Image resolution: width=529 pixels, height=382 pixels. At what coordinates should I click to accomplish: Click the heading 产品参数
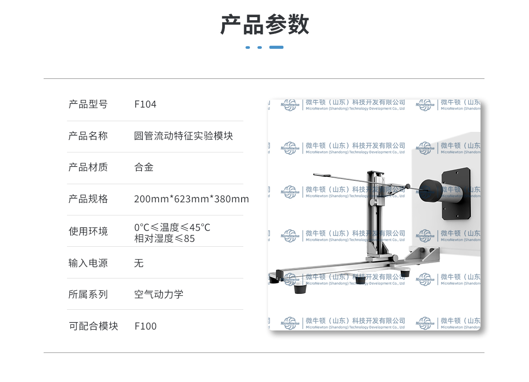click(x=264, y=25)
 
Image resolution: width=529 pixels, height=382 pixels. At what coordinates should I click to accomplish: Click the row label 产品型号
click(x=88, y=104)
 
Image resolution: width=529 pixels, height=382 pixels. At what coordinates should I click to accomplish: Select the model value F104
click(x=145, y=104)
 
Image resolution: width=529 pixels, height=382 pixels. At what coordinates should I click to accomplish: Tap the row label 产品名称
click(x=88, y=136)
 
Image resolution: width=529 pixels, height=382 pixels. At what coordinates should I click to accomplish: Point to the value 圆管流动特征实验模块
click(x=183, y=136)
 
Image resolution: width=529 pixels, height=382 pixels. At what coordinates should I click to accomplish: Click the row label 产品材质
click(x=88, y=167)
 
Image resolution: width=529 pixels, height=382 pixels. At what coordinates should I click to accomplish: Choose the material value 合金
click(x=144, y=167)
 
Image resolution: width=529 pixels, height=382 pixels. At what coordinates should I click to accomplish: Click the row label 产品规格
click(x=88, y=199)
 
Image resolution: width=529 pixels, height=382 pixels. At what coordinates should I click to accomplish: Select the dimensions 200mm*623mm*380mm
click(x=191, y=199)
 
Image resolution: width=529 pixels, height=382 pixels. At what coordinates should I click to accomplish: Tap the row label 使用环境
click(x=88, y=231)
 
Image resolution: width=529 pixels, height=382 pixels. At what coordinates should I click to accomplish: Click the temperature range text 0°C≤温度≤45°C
click(x=172, y=227)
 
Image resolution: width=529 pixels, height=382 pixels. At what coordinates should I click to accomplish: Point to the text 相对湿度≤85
click(x=164, y=238)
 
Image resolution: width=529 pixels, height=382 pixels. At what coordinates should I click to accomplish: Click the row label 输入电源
click(x=88, y=263)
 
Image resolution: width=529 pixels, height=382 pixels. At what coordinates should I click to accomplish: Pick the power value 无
click(x=139, y=263)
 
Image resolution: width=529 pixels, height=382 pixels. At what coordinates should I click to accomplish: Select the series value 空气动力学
click(x=159, y=294)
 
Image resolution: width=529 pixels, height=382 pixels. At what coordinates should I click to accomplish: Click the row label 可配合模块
click(x=93, y=326)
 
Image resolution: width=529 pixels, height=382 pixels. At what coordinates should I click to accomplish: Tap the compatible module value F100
click(x=145, y=326)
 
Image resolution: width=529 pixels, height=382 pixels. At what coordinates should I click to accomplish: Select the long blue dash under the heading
click(x=276, y=48)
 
